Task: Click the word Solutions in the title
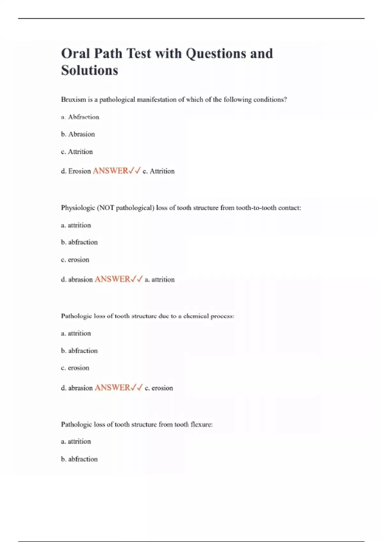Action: pos(89,70)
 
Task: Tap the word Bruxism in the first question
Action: pos(73,99)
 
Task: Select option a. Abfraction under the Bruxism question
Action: pos(80,117)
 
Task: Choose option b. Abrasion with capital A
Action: pos(78,134)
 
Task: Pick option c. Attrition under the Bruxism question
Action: pos(77,152)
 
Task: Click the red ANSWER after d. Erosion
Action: pos(110,171)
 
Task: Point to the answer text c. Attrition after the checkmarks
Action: pos(159,171)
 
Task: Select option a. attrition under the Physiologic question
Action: pos(76,225)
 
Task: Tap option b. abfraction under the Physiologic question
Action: pos(79,242)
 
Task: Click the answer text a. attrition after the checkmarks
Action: pos(160,280)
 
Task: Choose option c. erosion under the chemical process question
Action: pos(75,368)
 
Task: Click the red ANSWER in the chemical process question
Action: pos(112,388)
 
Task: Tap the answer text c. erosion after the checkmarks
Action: pos(159,388)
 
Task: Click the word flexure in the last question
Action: pos(201,424)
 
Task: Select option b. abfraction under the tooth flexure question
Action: pos(79,459)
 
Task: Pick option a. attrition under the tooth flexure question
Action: pos(76,442)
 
